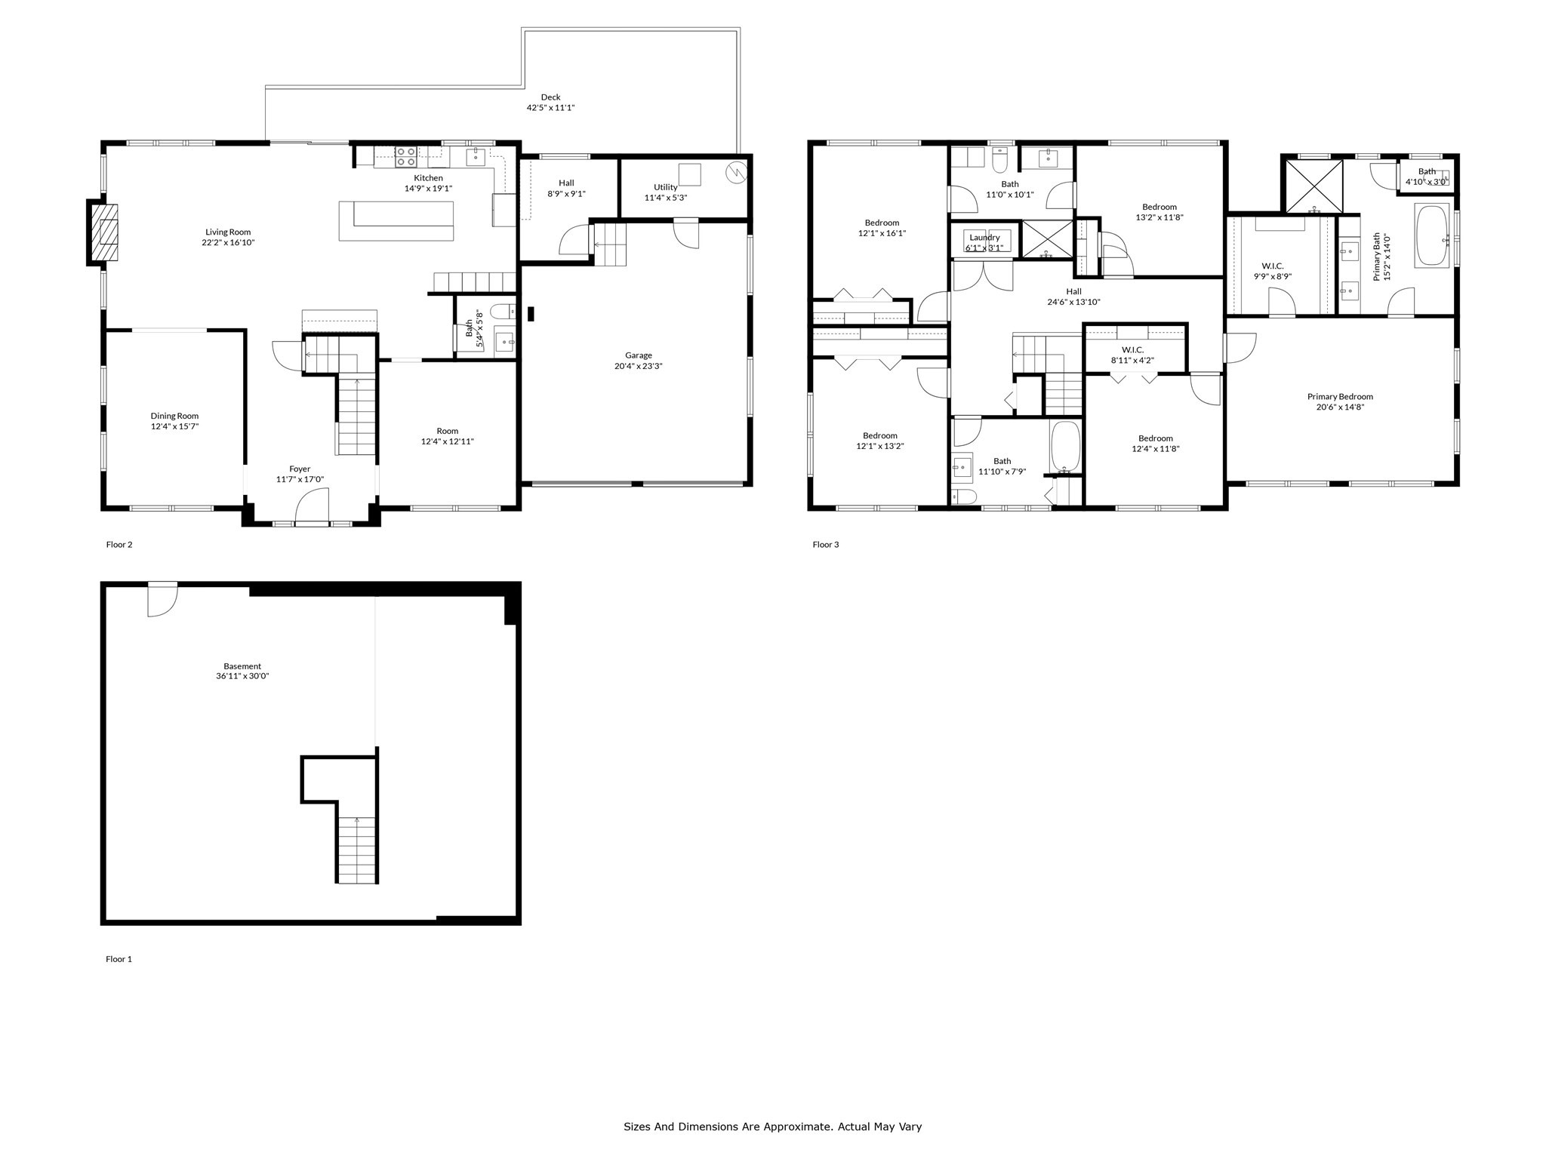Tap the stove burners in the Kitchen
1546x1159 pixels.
pyautogui.click(x=405, y=156)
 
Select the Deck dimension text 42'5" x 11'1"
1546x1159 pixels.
pyautogui.click(x=550, y=108)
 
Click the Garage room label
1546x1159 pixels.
pyautogui.click(x=638, y=355)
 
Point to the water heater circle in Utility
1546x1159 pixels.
pyautogui.click(x=735, y=173)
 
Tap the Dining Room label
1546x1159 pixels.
pyautogui.click(x=174, y=416)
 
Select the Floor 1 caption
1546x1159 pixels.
pyautogui.click(x=119, y=959)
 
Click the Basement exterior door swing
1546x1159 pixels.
pyautogui.click(x=162, y=600)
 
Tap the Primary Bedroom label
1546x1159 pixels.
pyautogui.click(x=1340, y=396)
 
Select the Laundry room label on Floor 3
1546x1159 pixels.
pyautogui.click(x=984, y=238)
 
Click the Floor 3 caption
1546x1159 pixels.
pyautogui.click(x=825, y=544)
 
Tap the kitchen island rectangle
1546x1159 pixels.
pyautogui.click(x=396, y=220)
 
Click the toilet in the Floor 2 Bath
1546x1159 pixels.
pyautogui.click(x=502, y=311)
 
